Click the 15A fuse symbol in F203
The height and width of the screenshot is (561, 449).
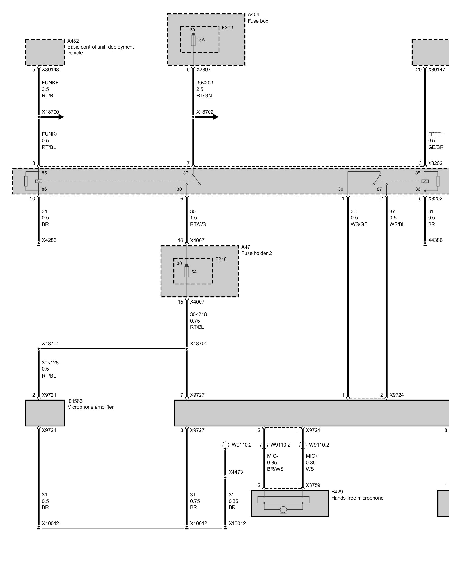point(193,41)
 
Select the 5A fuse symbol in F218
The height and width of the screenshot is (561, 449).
point(187,272)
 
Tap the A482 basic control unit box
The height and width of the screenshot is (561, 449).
point(45,52)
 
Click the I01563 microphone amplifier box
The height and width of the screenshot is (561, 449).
point(45,413)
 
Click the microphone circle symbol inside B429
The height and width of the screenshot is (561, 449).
point(283,510)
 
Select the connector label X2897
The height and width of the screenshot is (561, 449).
point(203,70)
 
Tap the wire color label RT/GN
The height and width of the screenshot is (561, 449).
point(204,96)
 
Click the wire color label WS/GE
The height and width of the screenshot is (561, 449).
point(359,224)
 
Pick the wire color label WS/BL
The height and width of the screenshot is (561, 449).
point(397,224)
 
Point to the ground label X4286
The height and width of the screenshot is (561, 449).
point(49,240)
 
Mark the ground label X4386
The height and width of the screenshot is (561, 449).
point(435,240)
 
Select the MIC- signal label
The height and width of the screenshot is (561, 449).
point(272,456)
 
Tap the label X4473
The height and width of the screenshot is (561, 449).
point(236,472)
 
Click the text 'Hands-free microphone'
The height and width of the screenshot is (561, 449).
point(357,498)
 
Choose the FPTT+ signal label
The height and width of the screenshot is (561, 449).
point(436,134)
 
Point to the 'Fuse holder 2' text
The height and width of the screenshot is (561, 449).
point(256,253)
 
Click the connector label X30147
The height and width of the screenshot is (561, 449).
point(437,70)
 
